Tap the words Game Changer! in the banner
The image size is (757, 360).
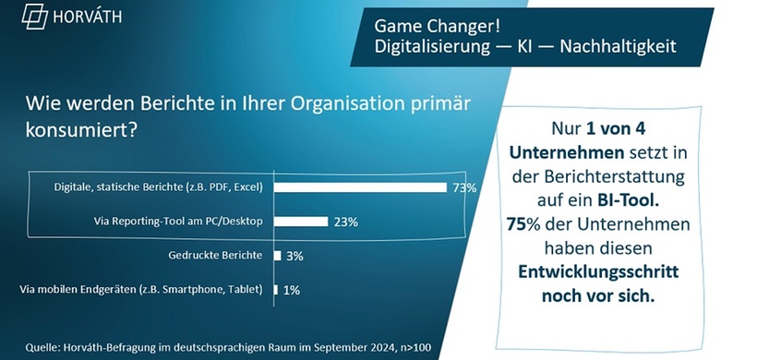click(x=423, y=23)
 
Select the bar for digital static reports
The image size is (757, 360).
click(x=360, y=187)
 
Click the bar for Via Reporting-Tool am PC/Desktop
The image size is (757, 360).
click(x=301, y=222)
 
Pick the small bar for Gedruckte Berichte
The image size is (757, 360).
click(x=277, y=256)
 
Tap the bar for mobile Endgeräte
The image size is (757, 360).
click(x=275, y=290)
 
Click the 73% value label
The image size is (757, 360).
click(x=464, y=188)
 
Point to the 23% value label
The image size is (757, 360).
click(x=345, y=222)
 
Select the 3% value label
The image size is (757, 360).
click(x=294, y=256)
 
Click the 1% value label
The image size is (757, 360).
click(x=292, y=290)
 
